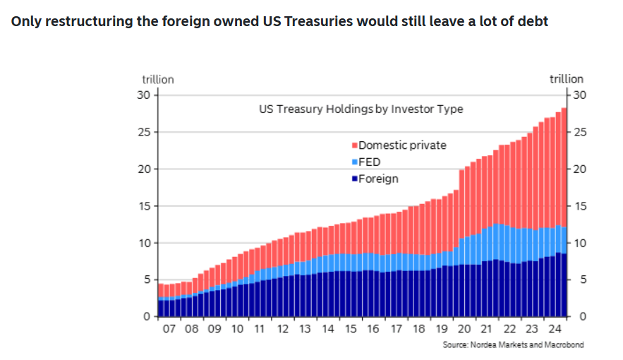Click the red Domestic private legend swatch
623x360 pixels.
click(354, 145)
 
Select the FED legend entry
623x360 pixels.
click(370, 162)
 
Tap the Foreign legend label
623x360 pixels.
click(378, 179)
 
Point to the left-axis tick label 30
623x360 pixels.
click(145, 95)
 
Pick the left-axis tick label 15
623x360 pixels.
click(145, 206)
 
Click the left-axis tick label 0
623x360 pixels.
click(148, 316)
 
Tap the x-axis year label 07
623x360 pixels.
click(169, 329)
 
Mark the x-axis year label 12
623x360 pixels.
click(282, 329)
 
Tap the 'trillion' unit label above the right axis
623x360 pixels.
click(567, 79)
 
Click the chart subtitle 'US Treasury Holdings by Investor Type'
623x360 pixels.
click(361, 109)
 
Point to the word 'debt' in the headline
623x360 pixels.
click(534, 20)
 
